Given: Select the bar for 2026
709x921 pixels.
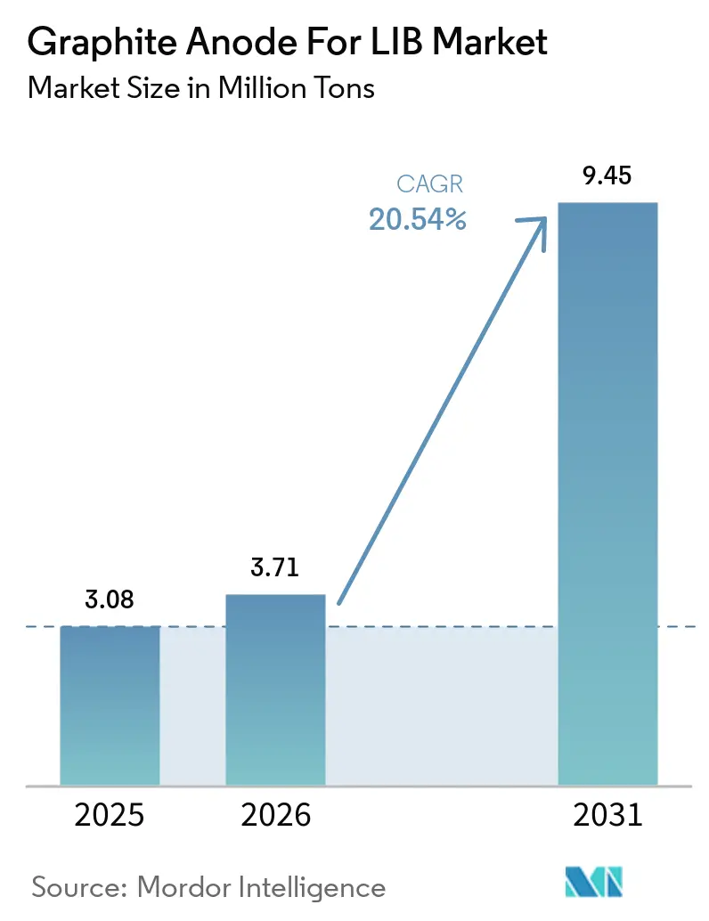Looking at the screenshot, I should point(275,689).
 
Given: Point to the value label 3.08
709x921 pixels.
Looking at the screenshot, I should point(110,600).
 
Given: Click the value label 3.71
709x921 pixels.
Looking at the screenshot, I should point(275,567).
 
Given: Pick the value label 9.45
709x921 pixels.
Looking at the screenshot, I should point(607,175).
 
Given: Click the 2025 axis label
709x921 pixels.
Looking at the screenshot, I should point(110,816).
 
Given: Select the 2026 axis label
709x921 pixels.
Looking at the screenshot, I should point(275,816).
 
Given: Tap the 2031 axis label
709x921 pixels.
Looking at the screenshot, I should point(607,816).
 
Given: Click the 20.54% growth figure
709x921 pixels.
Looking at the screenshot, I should point(418,220).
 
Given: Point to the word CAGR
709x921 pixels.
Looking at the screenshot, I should point(431,185).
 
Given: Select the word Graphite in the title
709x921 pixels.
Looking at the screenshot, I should point(88,43).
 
